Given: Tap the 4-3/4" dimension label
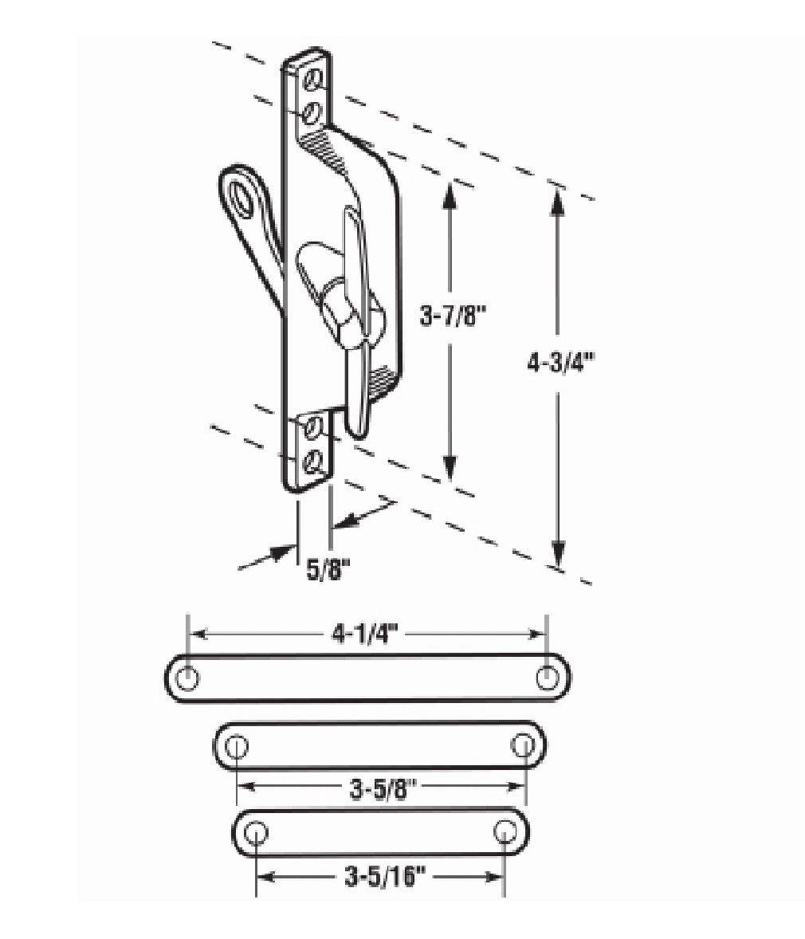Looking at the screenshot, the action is [560, 363].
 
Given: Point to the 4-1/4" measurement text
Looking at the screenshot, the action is [365, 634].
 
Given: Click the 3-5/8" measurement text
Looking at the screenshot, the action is [383, 791].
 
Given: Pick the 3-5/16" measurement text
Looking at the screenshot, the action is [385, 878].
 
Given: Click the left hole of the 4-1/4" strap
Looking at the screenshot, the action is [188, 678].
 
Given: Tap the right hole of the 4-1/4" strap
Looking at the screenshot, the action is [546, 678].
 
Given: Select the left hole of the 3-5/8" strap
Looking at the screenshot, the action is [238, 745].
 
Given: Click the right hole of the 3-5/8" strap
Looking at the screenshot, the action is [522, 745].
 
